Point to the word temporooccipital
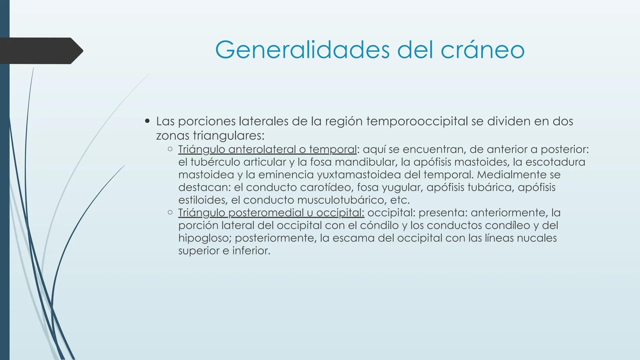417,121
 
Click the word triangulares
228,136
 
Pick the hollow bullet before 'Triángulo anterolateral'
170,149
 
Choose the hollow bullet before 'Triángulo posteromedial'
170,212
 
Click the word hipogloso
204,238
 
